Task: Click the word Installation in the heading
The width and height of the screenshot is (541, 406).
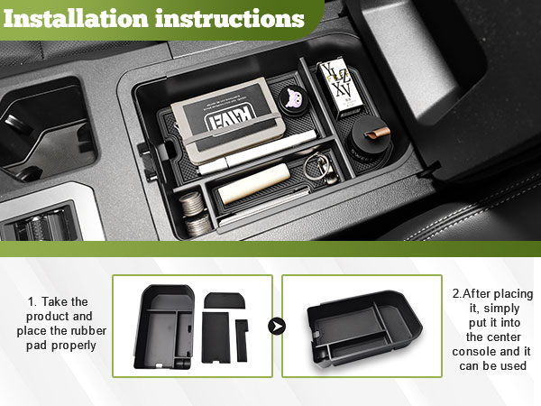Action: (85, 18)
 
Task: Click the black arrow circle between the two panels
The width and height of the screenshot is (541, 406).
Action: (277, 325)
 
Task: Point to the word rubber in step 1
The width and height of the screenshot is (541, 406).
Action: (85, 333)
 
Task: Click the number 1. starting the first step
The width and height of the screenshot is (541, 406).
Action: (32, 302)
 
